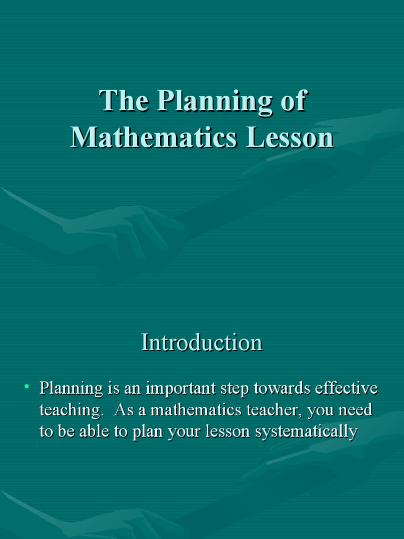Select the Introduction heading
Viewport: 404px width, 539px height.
tap(201, 343)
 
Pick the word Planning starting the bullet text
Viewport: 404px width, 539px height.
tap(72, 390)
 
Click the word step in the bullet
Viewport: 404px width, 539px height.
tap(236, 390)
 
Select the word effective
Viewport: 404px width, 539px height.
tap(346, 389)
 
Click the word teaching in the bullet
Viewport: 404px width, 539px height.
tap(66, 411)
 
